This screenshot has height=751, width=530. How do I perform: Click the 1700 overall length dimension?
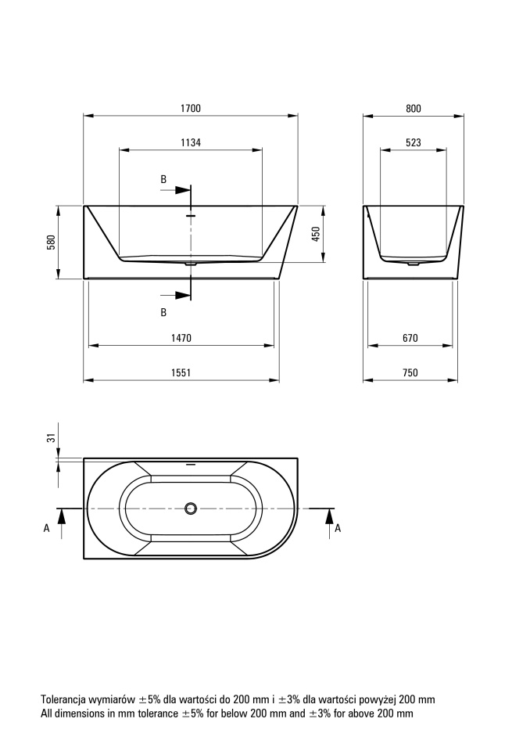[191, 108]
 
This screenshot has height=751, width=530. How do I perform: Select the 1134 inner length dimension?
[191, 142]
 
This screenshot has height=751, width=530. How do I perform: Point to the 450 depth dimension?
[316, 234]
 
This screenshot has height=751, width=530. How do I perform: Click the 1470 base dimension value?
[181, 338]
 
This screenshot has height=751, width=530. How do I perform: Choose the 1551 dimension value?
[181, 372]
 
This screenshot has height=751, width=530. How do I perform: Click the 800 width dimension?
[414, 108]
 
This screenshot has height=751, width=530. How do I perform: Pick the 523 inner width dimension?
[414, 142]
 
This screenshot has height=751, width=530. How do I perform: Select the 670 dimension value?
[410, 338]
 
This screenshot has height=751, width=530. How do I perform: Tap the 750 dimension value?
[410, 372]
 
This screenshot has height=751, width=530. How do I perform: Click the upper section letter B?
[163, 180]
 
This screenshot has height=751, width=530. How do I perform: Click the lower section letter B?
[163, 312]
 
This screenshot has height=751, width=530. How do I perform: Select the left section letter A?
[46, 528]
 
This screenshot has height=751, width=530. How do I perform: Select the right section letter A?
[338, 528]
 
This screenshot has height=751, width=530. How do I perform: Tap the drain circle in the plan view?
[191, 508]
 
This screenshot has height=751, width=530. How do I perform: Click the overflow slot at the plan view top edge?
[191, 464]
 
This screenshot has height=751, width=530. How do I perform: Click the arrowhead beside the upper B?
[183, 189]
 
